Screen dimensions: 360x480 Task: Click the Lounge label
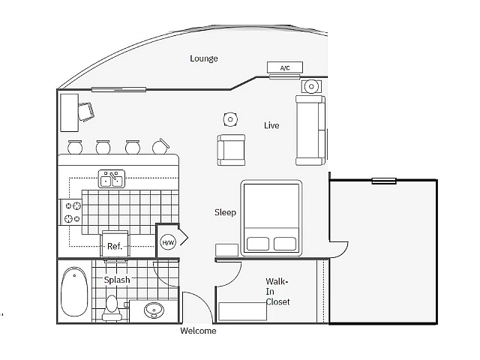tap(203, 58)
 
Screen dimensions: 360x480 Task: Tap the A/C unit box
tap(285, 68)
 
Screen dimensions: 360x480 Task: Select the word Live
tap(271, 125)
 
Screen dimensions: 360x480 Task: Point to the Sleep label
tap(225, 212)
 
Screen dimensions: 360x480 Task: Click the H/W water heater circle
tap(168, 242)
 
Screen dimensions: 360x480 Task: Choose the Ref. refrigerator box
tap(115, 245)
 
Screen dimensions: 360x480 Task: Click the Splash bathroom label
tap(117, 280)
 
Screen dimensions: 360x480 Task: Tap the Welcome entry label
tap(198, 331)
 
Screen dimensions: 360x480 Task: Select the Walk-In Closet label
tap(277, 292)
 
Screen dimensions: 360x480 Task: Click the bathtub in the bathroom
tap(74, 292)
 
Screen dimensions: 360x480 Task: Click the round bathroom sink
tap(154, 310)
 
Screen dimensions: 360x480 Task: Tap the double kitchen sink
tap(112, 179)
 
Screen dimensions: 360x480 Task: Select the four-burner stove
tap(73, 212)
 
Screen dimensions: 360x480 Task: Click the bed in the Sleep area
tap(271, 217)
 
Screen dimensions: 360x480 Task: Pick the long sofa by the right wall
tap(310, 130)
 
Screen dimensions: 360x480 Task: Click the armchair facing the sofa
tap(231, 149)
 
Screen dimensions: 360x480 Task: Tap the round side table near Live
tap(230, 118)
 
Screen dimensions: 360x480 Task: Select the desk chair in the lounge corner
tap(87, 111)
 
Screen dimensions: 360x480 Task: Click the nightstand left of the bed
tap(226, 250)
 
